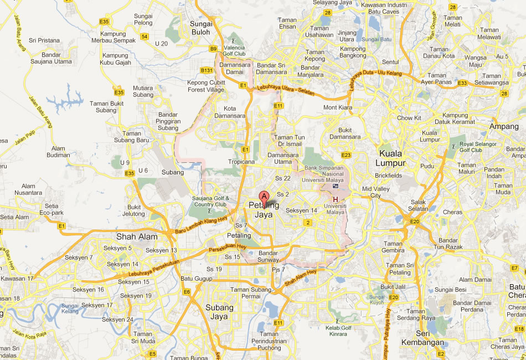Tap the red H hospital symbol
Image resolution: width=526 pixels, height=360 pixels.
tap(336, 199)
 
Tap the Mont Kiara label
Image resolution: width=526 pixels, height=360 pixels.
tap(338, 107)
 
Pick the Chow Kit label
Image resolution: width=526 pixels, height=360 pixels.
tap(409, 118)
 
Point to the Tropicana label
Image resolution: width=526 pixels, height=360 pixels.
tap(241, 162)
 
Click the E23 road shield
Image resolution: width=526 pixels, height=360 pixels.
tap(347, 155)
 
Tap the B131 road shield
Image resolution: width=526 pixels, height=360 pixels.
tap(207, 70)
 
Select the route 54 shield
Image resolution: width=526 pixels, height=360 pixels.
tap(145, 37)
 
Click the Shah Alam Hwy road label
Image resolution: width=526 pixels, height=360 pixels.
tap(301, 277)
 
